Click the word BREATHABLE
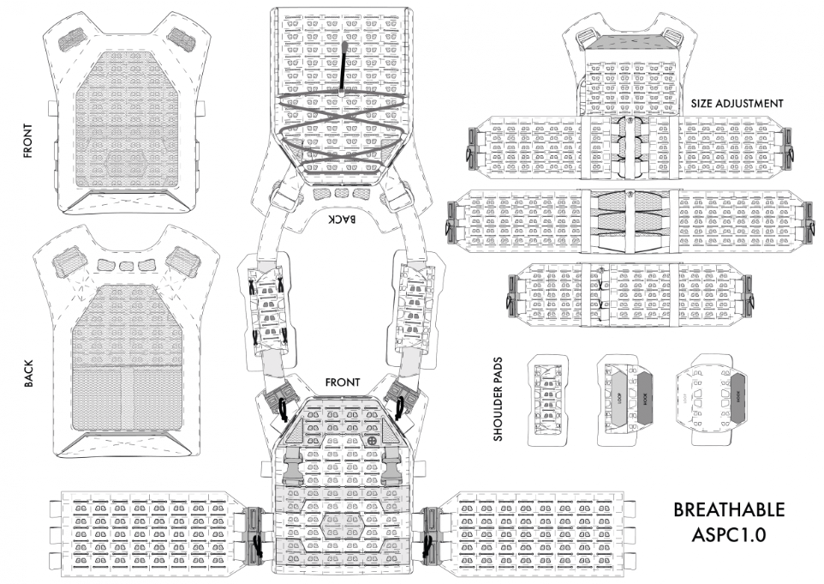coord(729,509)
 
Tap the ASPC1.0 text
coord(729,533)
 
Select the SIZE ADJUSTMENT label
coord(737,103)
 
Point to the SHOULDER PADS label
coord(499,400)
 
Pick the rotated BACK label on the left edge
coord(29,372)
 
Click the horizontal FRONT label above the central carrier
coord(343,382)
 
